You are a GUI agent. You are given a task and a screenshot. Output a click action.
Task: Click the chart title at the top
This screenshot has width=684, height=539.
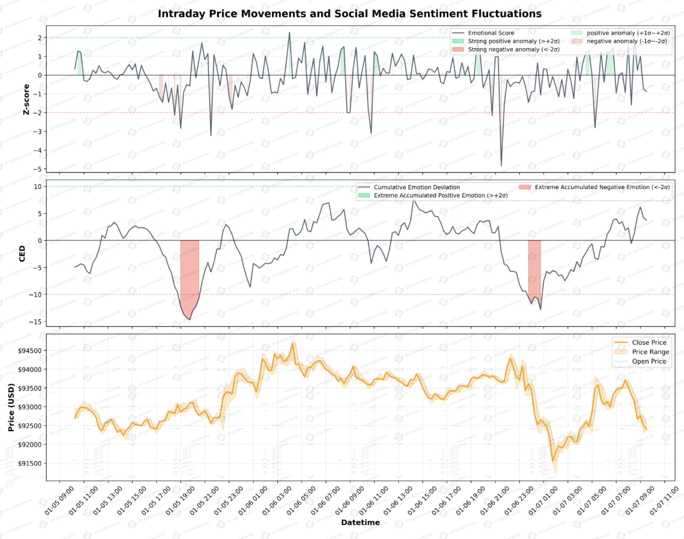(x=349, y=14)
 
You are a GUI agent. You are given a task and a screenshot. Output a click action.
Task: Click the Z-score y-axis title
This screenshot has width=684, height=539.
(x=26, y=99)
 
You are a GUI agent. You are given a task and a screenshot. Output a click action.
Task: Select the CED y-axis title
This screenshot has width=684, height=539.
(x=22, y=253)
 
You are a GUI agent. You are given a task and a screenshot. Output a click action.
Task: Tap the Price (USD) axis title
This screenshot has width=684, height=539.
(x=11, y=407)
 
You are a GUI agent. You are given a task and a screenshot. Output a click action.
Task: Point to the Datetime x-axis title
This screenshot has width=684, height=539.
(x=360, y=522)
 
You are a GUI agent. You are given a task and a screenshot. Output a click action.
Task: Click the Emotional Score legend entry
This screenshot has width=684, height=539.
(x=491, y=33)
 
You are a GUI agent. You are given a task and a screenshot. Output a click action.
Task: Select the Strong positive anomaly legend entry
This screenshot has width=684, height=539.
(x=513, y=41)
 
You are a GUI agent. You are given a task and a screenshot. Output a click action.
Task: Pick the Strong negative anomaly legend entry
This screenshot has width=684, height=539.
(x=513, y=50)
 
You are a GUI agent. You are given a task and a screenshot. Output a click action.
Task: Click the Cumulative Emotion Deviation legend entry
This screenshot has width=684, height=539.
(x=416, y=188)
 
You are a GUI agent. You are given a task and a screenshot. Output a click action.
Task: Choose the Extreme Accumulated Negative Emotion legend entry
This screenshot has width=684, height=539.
(x=602, y=188)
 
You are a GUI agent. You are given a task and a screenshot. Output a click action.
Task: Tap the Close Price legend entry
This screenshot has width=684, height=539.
(x=649, y=342)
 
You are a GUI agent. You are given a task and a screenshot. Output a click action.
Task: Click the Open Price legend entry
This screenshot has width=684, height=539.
(x=649, y=362)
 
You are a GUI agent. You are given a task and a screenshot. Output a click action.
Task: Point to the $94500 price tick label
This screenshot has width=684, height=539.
(x=30, y=351)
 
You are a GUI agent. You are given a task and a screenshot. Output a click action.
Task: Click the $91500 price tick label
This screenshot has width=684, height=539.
(x=30, y=464)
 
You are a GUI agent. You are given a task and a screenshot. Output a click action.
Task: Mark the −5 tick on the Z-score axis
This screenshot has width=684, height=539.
(x=38, y=169)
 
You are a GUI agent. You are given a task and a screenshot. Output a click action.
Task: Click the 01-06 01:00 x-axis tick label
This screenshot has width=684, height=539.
(x=254, y=501)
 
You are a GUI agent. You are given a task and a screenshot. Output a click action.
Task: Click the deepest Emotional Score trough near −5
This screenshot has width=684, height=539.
(x=501, y=166)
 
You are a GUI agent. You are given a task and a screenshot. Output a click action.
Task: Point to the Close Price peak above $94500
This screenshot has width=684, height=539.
(x=292, y=343)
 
